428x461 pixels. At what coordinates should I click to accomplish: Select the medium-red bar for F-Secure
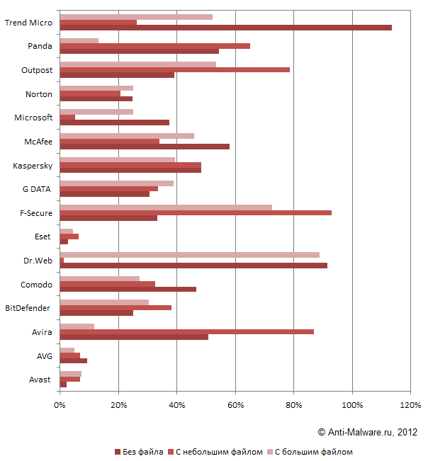[x=196, y=212]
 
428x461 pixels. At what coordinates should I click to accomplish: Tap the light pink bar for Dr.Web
[x=189, y=254]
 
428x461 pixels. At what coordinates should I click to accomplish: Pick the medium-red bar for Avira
[x=186, y=331]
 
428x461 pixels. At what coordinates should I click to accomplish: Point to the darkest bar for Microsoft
[x=114, y=123]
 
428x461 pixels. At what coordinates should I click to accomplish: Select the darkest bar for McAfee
[x=145, y=147]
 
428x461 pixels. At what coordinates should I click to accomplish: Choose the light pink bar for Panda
[x=79, y=40]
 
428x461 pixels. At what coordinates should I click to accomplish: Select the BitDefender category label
[x=28, y=308]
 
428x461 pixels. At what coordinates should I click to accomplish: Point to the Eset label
[x=43, y=237]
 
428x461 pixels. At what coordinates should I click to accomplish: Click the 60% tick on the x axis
[x=235, y=405]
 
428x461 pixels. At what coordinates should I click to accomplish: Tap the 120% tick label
[x=410, y=405]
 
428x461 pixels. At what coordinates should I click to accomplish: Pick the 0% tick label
[x=60, y=405]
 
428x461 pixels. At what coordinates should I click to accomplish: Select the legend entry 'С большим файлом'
[x=312, y=452]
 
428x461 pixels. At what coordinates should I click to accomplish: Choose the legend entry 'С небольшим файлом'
[x=218, y=452]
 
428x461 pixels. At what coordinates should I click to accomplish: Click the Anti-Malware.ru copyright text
[x=367, y=431]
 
